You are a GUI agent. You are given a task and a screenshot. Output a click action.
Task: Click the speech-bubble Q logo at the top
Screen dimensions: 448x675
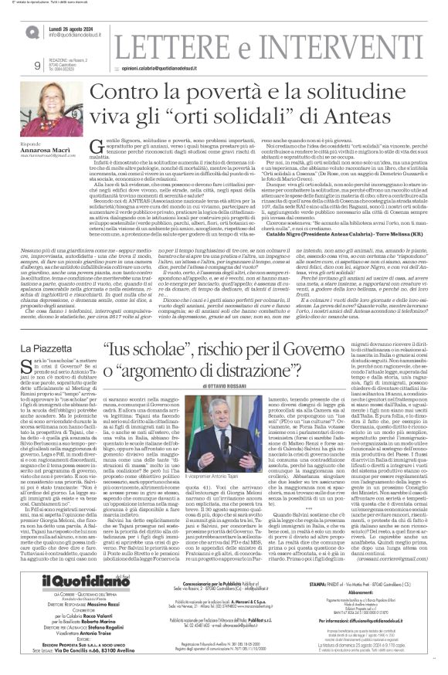[31, 32]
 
